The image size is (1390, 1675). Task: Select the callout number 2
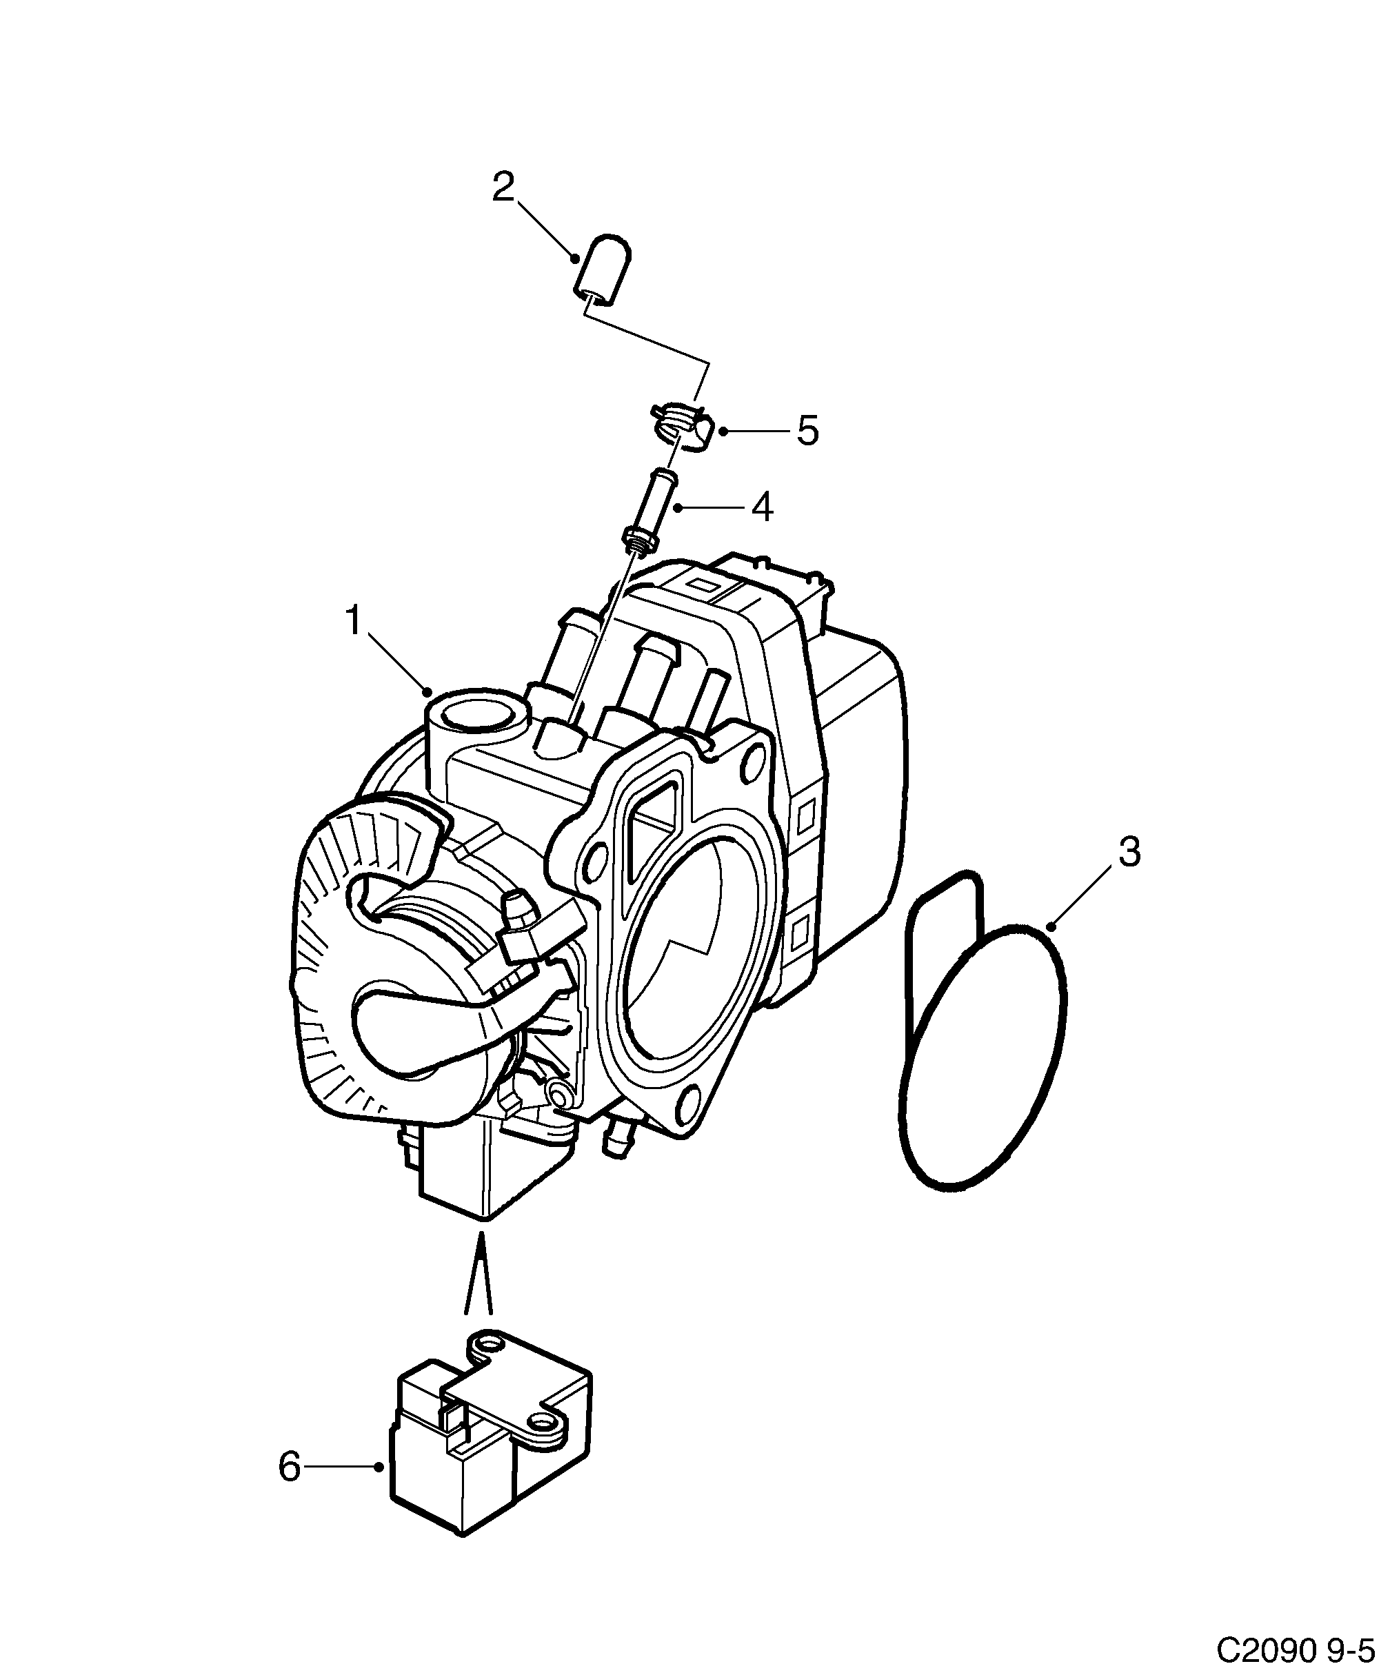[503, 187]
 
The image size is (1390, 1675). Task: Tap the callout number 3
[1129, 852]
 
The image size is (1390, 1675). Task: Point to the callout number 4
[763, 507]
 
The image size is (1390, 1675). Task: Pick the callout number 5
[807, 431]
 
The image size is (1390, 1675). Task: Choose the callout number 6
[289, 1466]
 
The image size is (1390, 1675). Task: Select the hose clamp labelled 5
[682, 425]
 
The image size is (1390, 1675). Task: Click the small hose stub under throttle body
[617, 1142]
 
